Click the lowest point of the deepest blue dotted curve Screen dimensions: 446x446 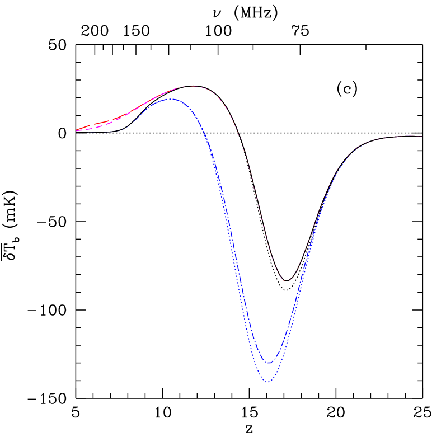pyautogui.click(x=269, y=382)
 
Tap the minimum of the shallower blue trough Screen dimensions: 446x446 pyautogui.click(x=269, y=363)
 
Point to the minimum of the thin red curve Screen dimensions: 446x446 pyautogui.click(x=287, y=281)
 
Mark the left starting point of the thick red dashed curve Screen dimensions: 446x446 pyautogui.click(x=77, y=130)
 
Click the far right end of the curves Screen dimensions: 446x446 pyautogui.click(x=421, y=137)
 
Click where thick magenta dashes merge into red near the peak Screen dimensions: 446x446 pyautogui.click(x=168, y=91)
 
